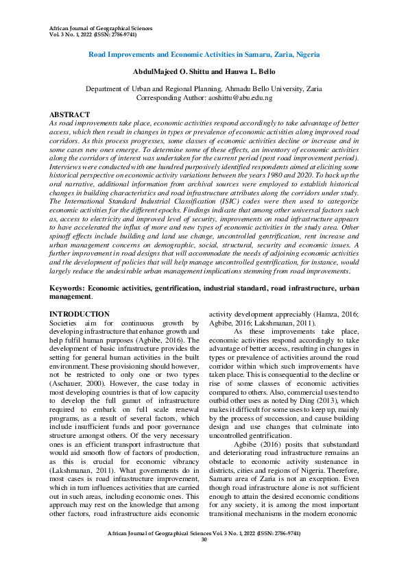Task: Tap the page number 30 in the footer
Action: pos(204,559)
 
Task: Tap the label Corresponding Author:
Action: pos(171,98)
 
